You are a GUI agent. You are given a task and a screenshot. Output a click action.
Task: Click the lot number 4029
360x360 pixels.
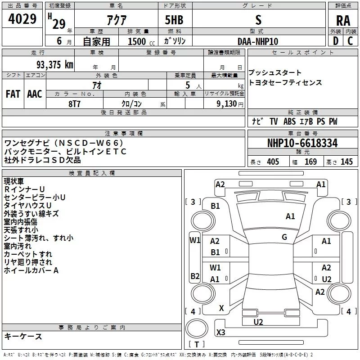(x=22, y=20)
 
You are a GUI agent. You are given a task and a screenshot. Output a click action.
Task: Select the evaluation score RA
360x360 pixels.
(x=343, y=21)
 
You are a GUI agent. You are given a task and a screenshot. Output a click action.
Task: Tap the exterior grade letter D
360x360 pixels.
(x=335, y=40)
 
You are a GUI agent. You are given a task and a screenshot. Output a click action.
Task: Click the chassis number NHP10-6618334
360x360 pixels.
(x=302, y=144)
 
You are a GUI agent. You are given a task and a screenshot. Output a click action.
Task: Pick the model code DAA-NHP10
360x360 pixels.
(x=258, y=41)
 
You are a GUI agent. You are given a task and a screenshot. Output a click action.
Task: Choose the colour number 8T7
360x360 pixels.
(x=74, y=103)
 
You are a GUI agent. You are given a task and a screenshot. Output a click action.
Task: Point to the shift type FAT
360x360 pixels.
(x=13, y=94)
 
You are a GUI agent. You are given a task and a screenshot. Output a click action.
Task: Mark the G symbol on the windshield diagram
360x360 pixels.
(x=284, y=237)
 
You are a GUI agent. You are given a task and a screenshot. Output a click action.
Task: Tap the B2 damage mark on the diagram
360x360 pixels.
(x=195, y=276)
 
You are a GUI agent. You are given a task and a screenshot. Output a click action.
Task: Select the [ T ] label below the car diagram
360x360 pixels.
(x=197, y=345)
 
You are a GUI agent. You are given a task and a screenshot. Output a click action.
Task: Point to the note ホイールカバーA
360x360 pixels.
(x=31, y=270)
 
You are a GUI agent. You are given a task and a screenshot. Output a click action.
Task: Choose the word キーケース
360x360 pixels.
(x=23, y=337)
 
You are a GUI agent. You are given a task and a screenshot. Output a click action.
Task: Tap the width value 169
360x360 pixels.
(x=311, y=162)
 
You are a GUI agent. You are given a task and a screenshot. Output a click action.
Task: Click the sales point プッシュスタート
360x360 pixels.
(x=275, y=73)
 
